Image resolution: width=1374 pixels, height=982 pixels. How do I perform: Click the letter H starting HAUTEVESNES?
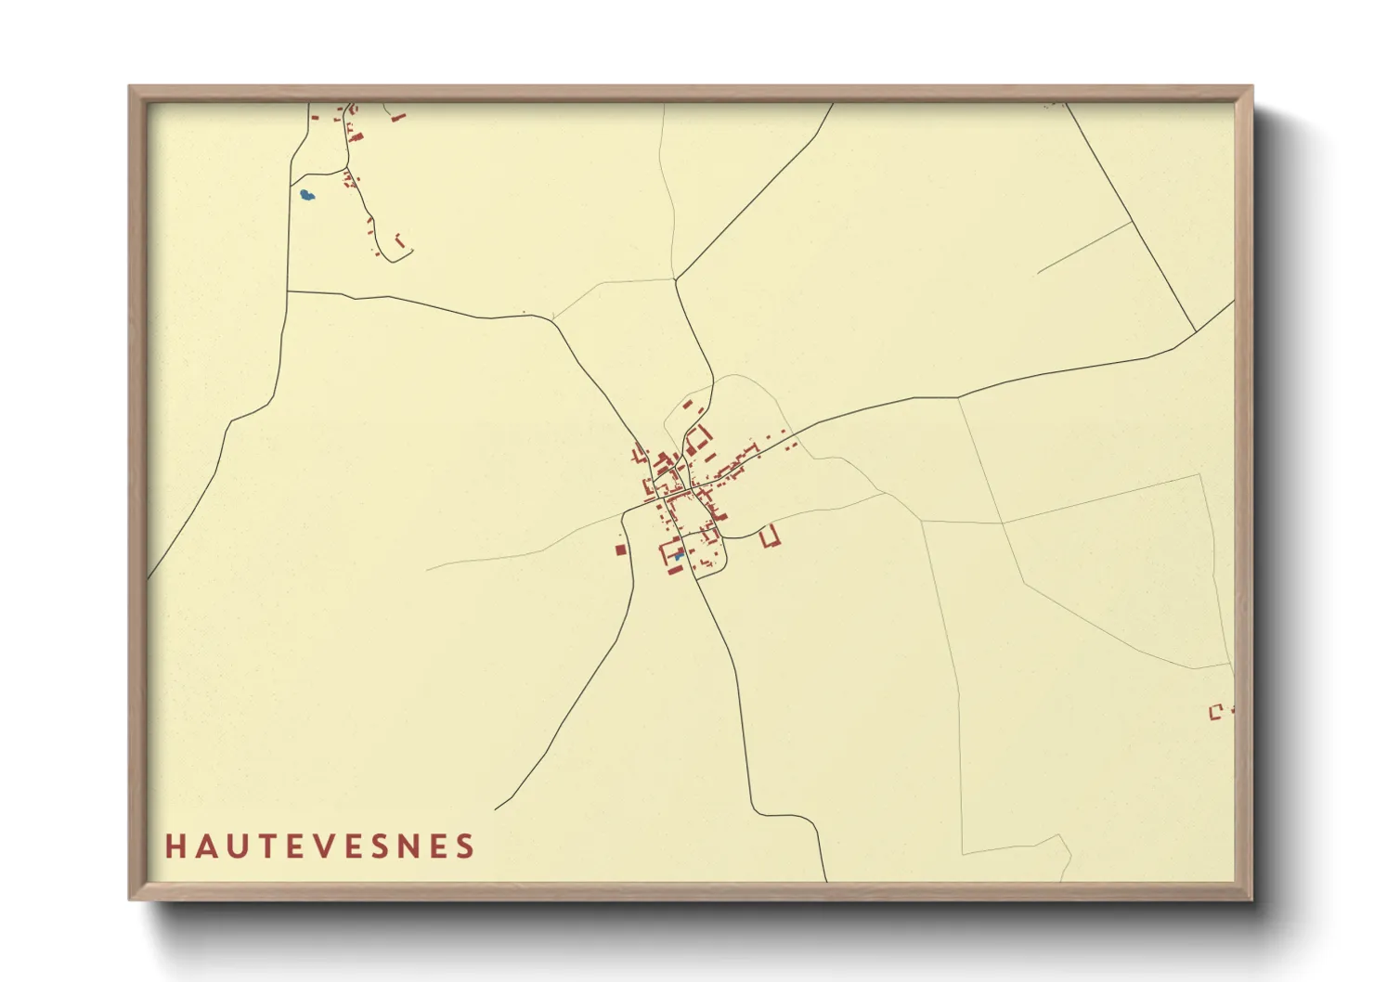tap(175, 846)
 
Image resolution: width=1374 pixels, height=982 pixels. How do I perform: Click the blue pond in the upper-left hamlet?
tap(306, 195)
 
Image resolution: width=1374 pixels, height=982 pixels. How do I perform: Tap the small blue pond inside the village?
tap(679, 555)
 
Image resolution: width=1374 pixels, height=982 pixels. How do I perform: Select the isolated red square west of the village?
tap(620, 549)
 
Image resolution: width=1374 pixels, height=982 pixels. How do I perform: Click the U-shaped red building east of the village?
tap(769, 536)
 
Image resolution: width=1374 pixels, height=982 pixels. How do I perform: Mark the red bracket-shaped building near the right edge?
tap(1215, 712)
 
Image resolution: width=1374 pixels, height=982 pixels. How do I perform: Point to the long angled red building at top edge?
tap(398, 117)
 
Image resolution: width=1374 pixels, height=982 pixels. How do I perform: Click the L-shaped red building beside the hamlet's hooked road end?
tap(400, 240)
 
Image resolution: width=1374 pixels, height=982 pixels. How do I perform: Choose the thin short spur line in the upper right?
tap(1083, 248)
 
